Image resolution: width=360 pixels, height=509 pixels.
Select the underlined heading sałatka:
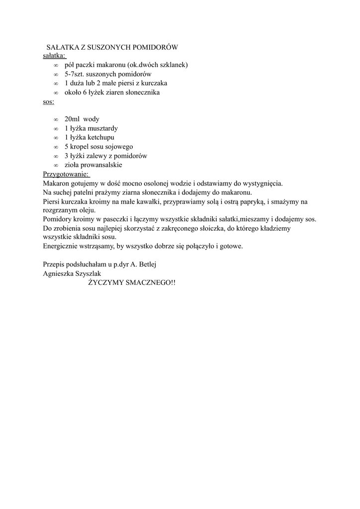click(54, 56)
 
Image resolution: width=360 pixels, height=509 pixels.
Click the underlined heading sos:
click(49, 101)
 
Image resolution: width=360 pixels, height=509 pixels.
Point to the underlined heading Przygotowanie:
click(66, 174)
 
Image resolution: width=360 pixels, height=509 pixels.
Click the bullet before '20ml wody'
click(56, 120)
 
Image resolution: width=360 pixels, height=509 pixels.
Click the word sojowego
click(119, 147)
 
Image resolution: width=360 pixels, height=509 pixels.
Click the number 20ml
click(72, 119)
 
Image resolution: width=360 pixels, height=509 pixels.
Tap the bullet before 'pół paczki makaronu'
click(56, 65)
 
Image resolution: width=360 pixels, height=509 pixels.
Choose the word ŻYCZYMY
click(104, 282)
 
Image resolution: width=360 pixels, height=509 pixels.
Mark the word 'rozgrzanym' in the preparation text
click(60, 210)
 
